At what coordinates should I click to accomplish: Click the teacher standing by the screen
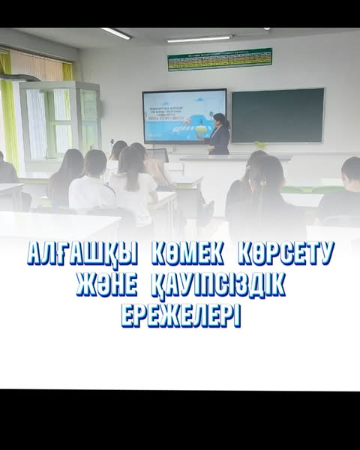(x=218, y=135)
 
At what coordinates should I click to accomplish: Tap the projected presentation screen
(x=184, y=115)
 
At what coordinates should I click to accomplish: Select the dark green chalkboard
(x=277, y=115)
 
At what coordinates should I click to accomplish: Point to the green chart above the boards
(x=219, y=59)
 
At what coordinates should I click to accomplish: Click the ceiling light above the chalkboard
(x=199, y=38)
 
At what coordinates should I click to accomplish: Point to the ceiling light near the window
(x=115, y=34)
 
